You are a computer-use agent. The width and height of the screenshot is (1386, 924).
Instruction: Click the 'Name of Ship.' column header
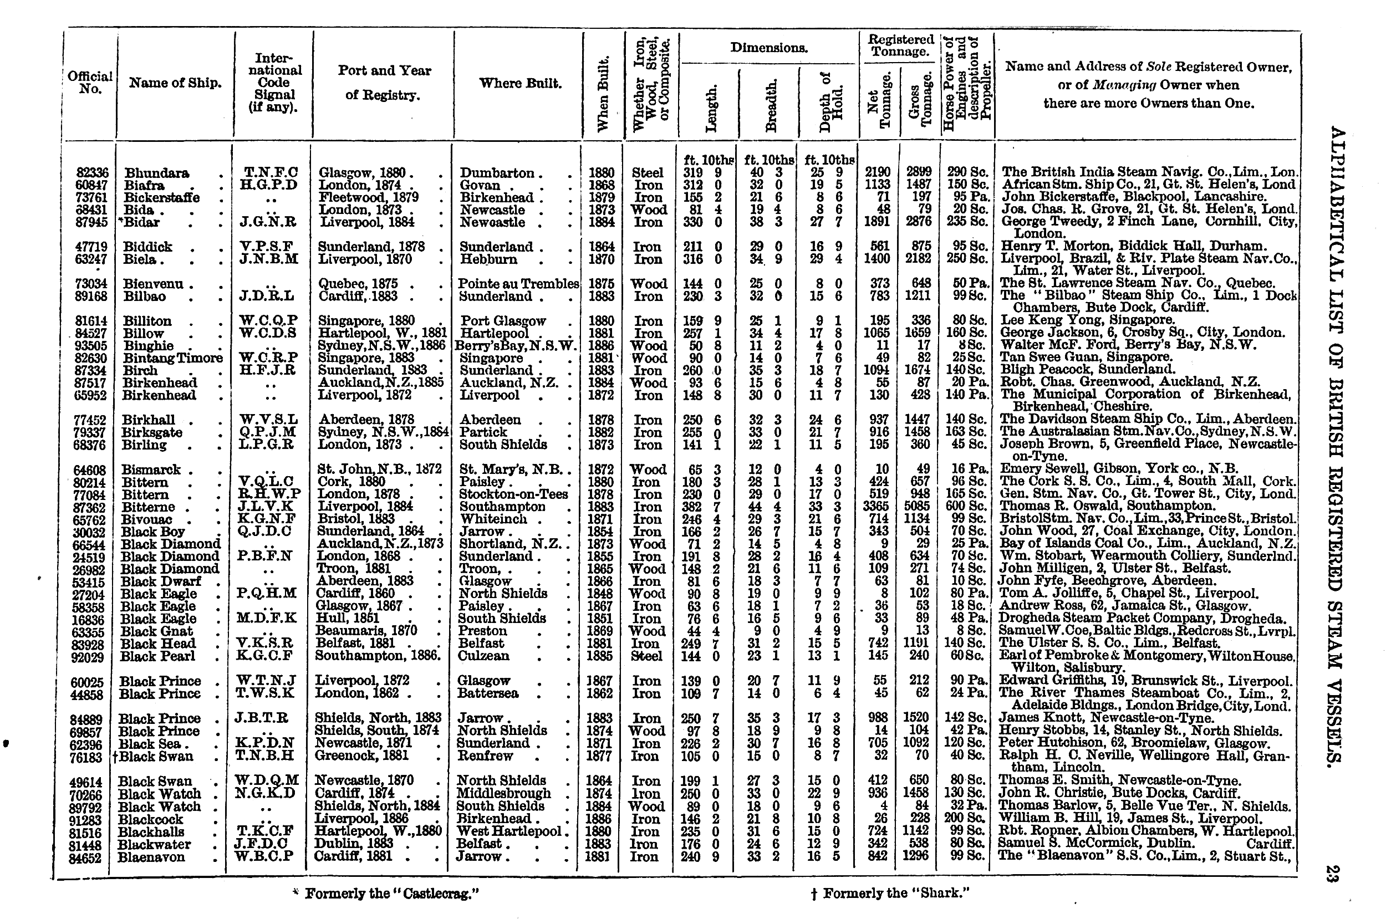point(175,83)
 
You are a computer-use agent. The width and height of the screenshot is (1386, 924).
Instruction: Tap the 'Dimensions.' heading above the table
point(768,48)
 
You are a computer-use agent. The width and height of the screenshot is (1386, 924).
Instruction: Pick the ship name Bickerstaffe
point(161,197)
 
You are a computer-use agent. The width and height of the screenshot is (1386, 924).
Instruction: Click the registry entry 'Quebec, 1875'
point(358,284)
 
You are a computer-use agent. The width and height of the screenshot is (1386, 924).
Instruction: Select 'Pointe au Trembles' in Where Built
point(518,284)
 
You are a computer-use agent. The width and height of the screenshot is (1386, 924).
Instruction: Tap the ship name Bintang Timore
point(172,358)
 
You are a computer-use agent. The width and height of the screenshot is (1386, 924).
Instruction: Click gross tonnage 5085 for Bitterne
point(918,507)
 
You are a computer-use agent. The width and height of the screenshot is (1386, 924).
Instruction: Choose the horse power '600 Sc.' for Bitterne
point(966,507)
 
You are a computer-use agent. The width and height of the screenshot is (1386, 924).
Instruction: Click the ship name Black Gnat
point(156,631)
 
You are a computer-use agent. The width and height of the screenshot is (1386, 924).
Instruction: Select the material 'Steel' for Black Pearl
point(646,656)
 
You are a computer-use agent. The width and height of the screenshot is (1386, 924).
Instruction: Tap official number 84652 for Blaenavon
point(85,858)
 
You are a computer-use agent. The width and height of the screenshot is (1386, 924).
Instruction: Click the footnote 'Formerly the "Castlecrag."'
point(391,894)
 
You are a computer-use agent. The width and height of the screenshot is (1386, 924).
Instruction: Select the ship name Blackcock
point(150,820)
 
